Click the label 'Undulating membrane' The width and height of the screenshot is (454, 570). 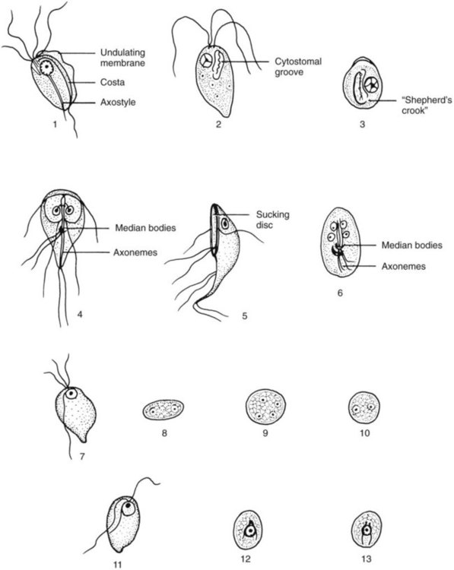pos(122,58)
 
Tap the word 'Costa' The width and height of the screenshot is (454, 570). pos(113,83)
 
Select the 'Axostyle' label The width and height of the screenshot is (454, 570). pos(118,102)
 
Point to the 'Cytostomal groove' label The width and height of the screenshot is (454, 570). pos(298,67)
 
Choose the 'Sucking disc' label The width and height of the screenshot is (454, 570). pos(272,220)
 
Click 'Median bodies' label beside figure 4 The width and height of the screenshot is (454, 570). pos(145,228)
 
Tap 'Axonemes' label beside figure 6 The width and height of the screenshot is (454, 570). pos(404,267)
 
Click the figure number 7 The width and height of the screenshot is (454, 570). pos(82,455)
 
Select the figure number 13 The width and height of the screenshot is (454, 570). pos(367,559)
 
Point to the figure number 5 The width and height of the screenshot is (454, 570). pos(245,315)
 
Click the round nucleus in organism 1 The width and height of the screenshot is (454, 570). pos(46,67)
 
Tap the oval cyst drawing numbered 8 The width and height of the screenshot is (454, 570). pos(163,410)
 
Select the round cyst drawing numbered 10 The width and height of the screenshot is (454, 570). pos(364,407)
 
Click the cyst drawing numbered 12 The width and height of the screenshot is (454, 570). pos(248,530)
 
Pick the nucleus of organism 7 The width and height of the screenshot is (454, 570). pos(71,393)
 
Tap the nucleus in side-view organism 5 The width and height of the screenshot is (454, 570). pos(225,224)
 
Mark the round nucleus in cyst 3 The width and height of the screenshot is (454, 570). pos(371,85)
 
